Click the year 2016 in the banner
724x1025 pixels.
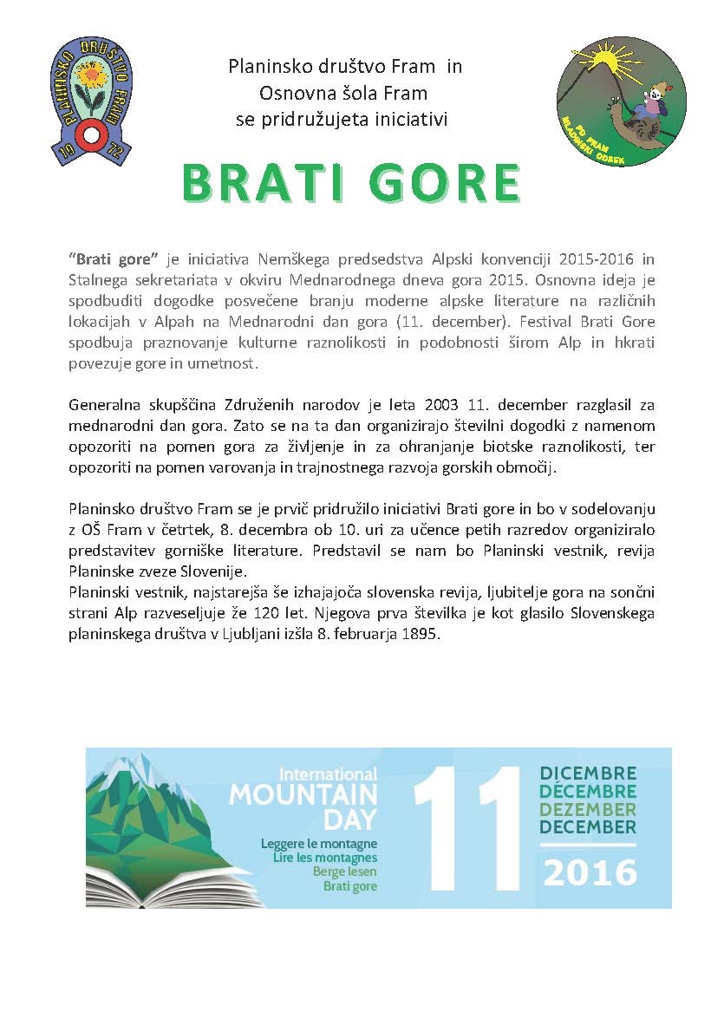click(x=589, y=871)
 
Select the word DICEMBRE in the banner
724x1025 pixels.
click(x=587, y=774)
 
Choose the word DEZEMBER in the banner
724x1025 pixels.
click(x=587, y=809)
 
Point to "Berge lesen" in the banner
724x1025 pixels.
click(x=345, y=872)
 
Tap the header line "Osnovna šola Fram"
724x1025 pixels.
click(x=342, y=92)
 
